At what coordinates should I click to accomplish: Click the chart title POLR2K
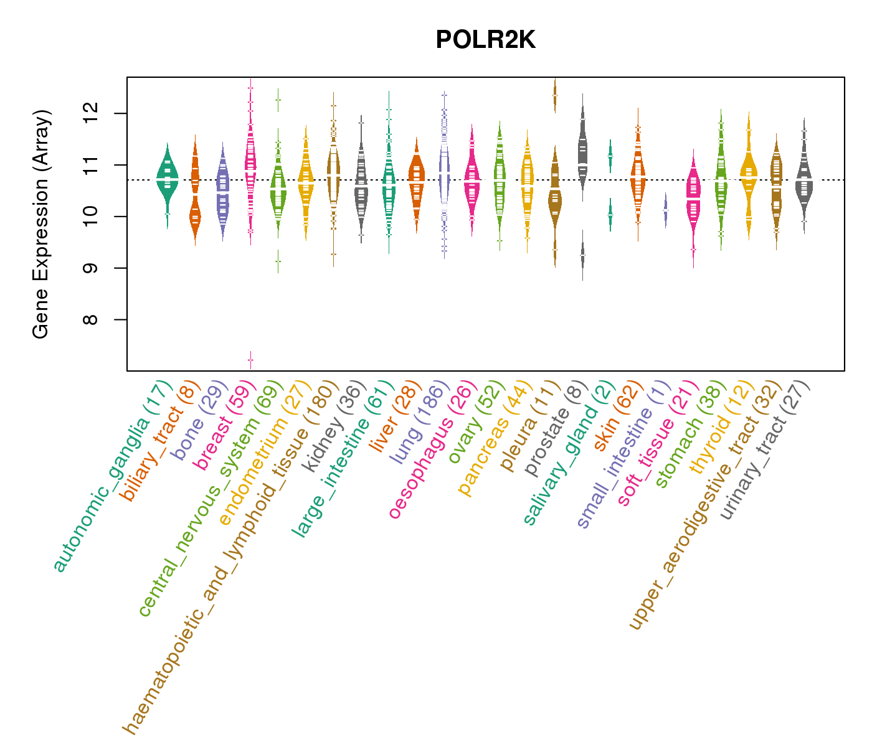[485, 40]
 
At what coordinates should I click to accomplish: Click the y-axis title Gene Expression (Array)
[41, 224]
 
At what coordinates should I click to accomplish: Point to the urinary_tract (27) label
[766, 449]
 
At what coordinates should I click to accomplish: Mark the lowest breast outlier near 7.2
[250, 360]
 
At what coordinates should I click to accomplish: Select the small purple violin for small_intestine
[665, 210]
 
